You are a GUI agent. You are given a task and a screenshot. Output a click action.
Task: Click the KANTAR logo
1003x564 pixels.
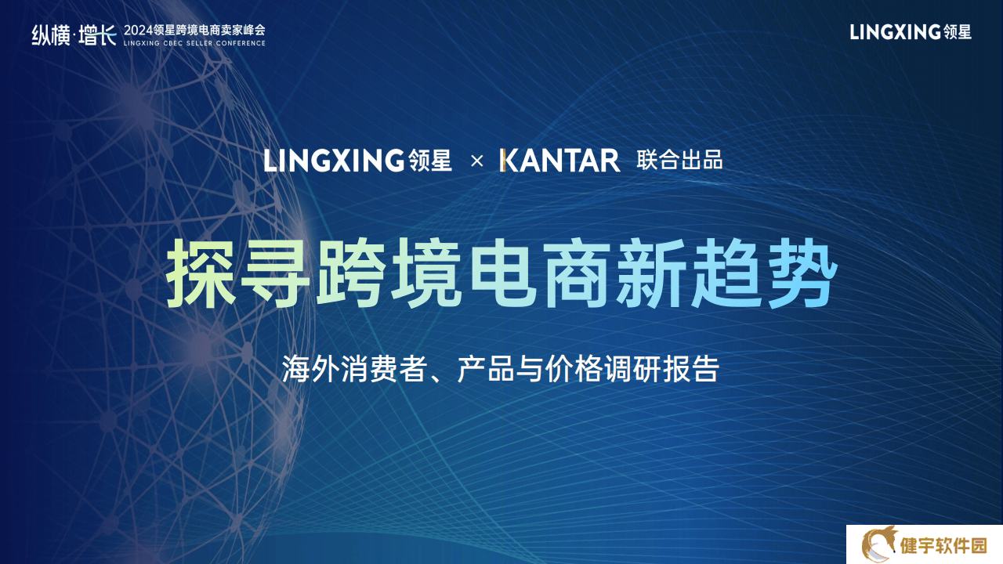coord(559,161)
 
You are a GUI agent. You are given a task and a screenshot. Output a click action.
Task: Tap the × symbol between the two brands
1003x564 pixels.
coord(477,161)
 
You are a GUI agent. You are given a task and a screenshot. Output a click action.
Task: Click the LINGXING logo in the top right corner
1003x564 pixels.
coord(911,32)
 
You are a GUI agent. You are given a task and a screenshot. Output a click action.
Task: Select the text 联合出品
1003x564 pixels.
coord(679,161)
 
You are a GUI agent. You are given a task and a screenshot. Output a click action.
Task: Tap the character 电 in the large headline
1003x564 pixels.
coord(502,273)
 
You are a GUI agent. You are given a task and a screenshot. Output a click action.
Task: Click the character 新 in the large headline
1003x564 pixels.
coord(651,273)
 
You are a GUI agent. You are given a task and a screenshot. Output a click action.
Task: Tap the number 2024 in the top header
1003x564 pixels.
coord(138,31)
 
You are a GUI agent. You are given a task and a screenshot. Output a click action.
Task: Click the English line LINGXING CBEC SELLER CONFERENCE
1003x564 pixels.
coord(194,43)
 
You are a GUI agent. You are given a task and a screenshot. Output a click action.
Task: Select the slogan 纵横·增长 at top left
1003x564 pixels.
coord(74,35)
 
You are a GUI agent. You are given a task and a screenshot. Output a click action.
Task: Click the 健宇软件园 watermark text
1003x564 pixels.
coord(943,546)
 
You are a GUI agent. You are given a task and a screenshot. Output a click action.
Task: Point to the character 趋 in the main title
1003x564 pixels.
coord(726,273)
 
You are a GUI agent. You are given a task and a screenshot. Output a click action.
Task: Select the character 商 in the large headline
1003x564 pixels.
coord(577,273)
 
